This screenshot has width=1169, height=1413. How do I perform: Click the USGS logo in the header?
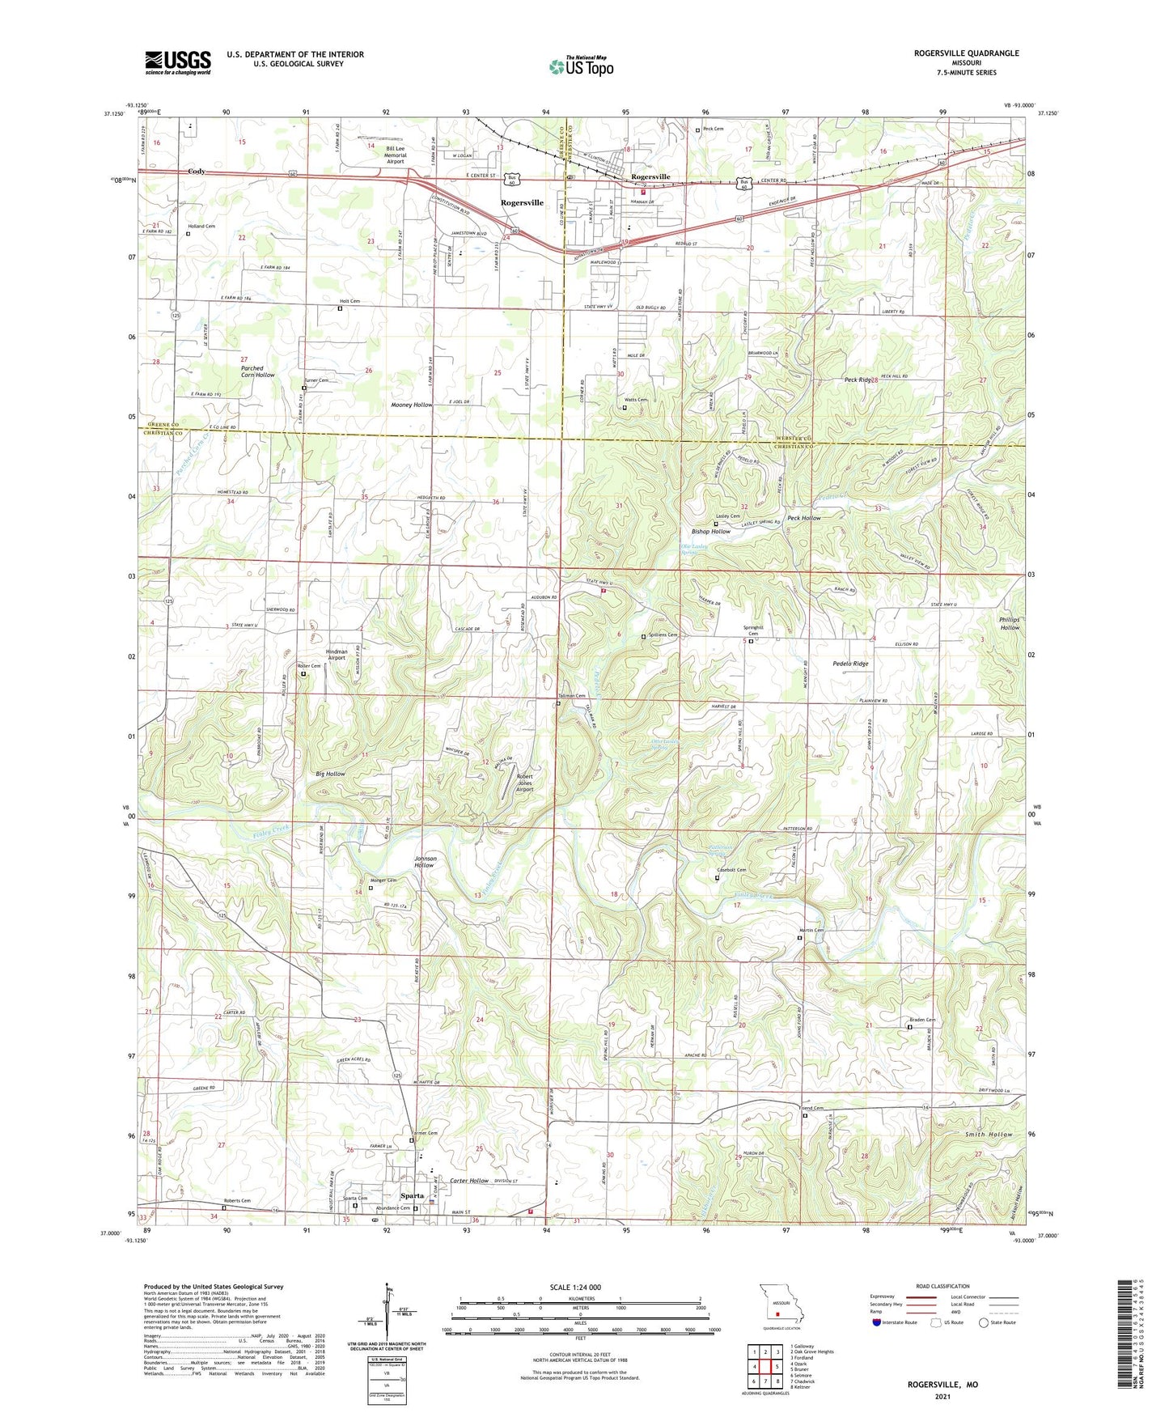click(x=178, y=62)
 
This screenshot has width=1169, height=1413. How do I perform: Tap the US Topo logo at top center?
click(x=581, y=66)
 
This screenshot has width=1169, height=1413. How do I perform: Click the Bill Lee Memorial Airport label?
click(x=395, y=155)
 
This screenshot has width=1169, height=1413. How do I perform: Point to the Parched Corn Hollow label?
click(x=257, y=371)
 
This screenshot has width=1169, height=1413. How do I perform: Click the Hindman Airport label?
click(x=336, y=655)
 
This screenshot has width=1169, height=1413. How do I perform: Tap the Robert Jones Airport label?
click(x=524, y=783)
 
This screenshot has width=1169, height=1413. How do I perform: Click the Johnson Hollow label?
click(x=425, y=862)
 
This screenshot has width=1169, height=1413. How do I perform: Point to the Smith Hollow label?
click(x=988, y=1135)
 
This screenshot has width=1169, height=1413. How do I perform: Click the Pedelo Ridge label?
click(x=850, y=664)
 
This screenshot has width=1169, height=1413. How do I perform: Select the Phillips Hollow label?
click(x=1009, y=623)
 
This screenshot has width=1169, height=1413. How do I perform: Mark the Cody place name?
click(x=196, y=172)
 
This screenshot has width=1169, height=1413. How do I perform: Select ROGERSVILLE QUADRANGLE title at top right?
click(x=966, y=53)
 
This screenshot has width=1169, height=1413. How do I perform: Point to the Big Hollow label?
click(x=330, y=774)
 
